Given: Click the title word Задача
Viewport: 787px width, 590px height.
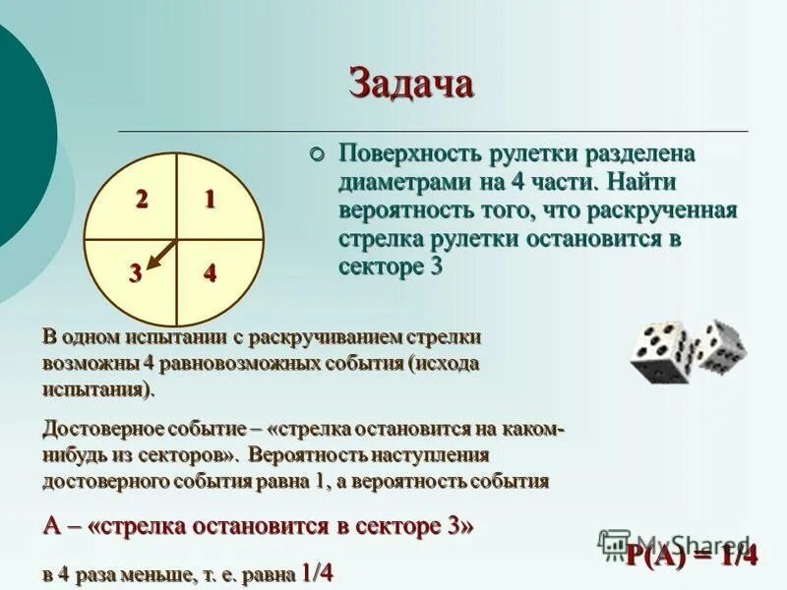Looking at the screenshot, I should [x=411, y=83].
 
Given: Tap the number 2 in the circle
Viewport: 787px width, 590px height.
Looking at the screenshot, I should [x=142, y=200].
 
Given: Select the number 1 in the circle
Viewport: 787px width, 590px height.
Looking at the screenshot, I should [x=210, y=200].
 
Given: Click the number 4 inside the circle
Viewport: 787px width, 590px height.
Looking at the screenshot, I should [x=210, y=274].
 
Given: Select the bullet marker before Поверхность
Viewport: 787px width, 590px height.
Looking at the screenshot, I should [x=317, y=154].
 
